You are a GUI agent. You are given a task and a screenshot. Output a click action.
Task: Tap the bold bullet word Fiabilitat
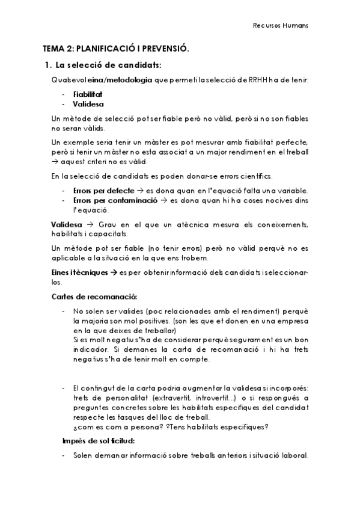click(88, 95)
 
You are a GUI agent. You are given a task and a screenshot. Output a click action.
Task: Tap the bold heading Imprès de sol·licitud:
click(98, 441)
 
